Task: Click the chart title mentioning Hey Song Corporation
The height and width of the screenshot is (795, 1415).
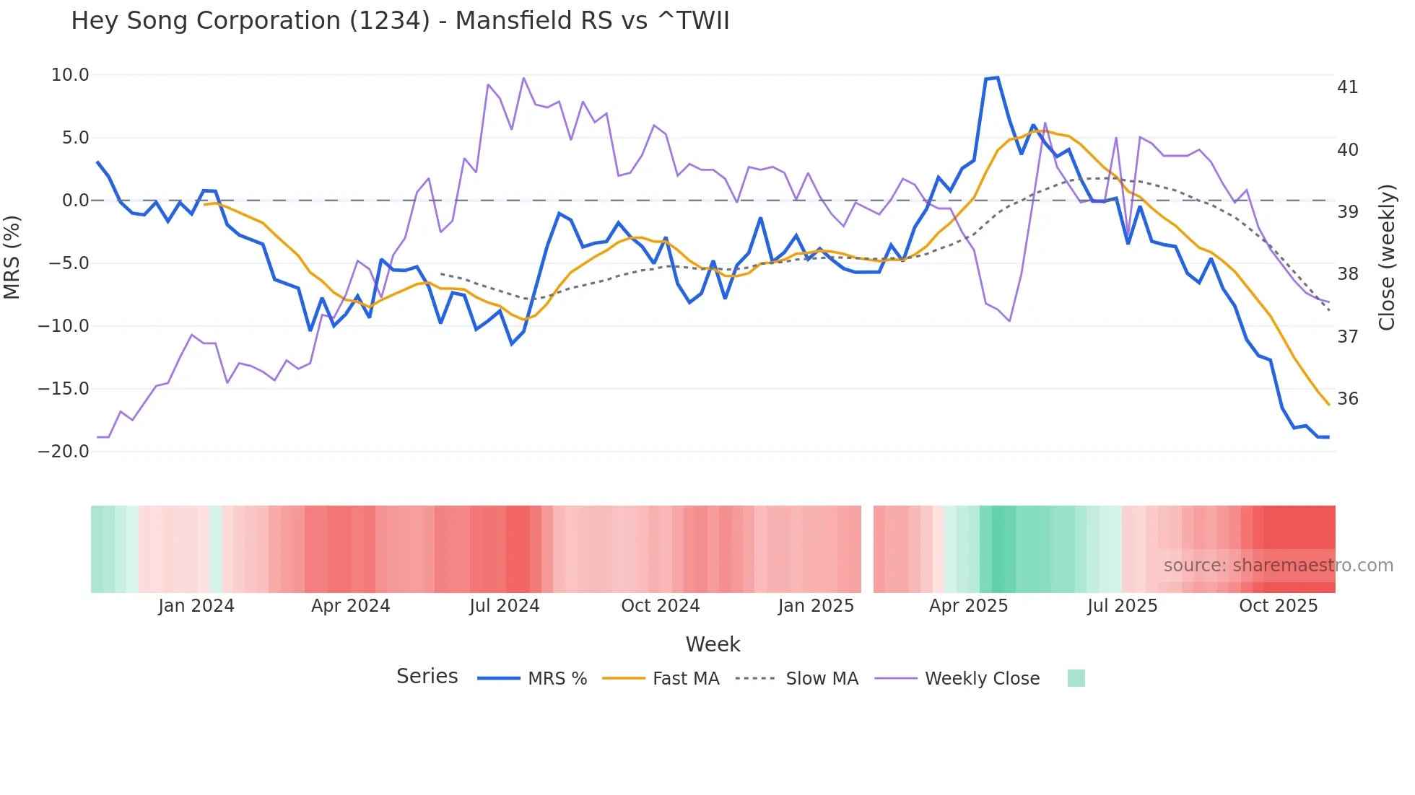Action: [400, 21]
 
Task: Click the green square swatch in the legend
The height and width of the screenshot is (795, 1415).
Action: [1076, 678]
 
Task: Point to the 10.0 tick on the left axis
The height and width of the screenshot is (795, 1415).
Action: [70, 75]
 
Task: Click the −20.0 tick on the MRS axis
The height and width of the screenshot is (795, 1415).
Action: [64, 452]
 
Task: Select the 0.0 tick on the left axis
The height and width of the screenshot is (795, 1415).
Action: [75, 201]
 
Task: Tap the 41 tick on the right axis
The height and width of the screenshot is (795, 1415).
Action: [1347, 87]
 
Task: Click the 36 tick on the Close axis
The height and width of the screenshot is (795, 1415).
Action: [1347, 399]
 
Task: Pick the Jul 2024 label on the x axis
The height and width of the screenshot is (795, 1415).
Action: [504, 606]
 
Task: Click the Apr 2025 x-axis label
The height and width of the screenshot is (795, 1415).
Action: [968, 606]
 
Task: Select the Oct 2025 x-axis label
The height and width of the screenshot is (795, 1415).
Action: [1278, 606]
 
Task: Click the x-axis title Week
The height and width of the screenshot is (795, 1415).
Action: [713, 644]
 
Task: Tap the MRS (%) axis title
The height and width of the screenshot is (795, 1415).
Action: [12, 257]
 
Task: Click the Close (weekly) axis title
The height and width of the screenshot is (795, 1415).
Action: [1387, 257]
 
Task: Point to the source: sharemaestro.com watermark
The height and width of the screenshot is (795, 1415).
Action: [1278, 566]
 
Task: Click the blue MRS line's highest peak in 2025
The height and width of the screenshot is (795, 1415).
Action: [997, 78]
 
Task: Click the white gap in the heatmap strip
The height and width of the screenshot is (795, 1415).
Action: [867, 549]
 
